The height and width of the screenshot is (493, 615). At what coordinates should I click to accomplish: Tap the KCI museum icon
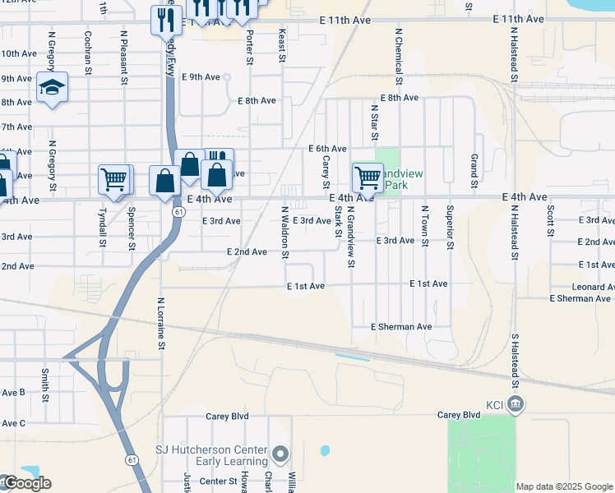[516, 403]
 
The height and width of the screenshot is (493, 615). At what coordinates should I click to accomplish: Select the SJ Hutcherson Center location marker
[281, 454]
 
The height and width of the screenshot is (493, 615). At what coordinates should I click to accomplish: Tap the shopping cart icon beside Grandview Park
[368, 177]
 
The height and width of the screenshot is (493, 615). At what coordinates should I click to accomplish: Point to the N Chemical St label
[399, 57]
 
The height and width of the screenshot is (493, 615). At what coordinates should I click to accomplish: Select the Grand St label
[474, 169]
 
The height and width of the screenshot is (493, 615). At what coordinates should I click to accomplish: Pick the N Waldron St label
[285, 232]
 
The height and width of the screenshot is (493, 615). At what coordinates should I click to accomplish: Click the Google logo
[26, 483]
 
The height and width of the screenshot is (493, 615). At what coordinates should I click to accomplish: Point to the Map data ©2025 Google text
[564, 486]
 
